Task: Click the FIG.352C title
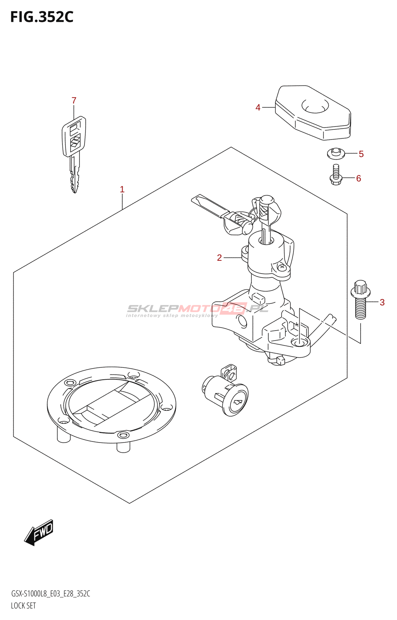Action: pos(41,17)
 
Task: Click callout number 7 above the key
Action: pos(74,101)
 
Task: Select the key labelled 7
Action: pos(74,151)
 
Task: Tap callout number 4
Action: pos(258,107)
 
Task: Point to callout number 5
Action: pos(361,154)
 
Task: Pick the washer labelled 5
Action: pos(336,153)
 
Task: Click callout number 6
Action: pos(359,178)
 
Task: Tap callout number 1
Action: pos(122,189)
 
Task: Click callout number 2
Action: pos(219,258)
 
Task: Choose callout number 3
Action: pos(382,302)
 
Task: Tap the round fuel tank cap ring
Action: pos(111,405)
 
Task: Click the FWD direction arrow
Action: pos(39,532)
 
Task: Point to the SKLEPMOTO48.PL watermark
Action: pos(198,309)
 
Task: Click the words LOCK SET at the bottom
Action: pos(23,606)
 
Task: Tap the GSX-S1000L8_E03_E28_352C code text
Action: pos(50,594)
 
